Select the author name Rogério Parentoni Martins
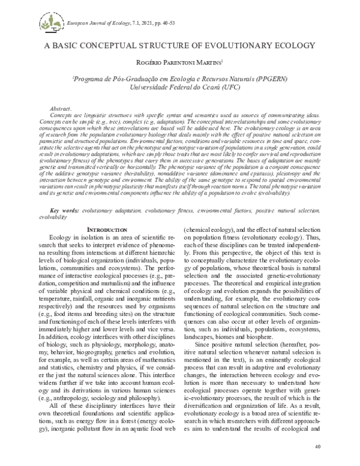tap(179, 66)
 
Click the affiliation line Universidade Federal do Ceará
tap(180, 87)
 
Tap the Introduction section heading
tap(107, 213)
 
